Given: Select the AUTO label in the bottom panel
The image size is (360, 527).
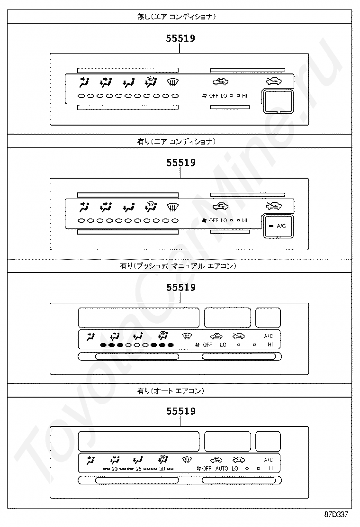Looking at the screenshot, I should pos(221,469).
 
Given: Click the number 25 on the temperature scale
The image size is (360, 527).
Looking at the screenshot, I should pos(138,469).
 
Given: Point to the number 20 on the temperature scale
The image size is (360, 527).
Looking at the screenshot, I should pos(114,469).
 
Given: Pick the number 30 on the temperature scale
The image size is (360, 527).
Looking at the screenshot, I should pos(162,469).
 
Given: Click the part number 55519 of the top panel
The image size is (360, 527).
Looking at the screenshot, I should pos(180,38).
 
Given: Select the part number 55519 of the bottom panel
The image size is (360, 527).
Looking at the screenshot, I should pos(180,411).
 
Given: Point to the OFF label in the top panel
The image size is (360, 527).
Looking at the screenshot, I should pos(213,96).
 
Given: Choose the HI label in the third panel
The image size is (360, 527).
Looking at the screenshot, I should pos(270,345).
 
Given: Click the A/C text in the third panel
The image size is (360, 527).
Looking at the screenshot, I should pos(269,336).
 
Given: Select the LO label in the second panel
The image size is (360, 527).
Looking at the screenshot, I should pos(224,220).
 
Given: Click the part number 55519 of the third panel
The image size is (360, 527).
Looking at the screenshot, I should pos(180,287).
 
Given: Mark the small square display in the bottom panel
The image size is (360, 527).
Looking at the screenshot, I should pos(268,441).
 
